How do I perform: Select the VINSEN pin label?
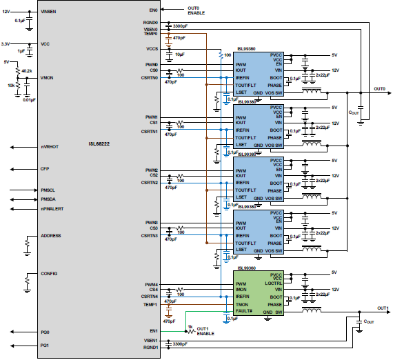(49, 12)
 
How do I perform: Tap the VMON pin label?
(47, 77)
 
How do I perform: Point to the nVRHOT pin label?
(49, 146)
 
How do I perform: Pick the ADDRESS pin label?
(50, 236)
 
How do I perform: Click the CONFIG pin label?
(49, 274)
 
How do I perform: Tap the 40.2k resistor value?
(27, 70)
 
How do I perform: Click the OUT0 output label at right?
(379, 89)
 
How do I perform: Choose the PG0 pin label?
(45, 333)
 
